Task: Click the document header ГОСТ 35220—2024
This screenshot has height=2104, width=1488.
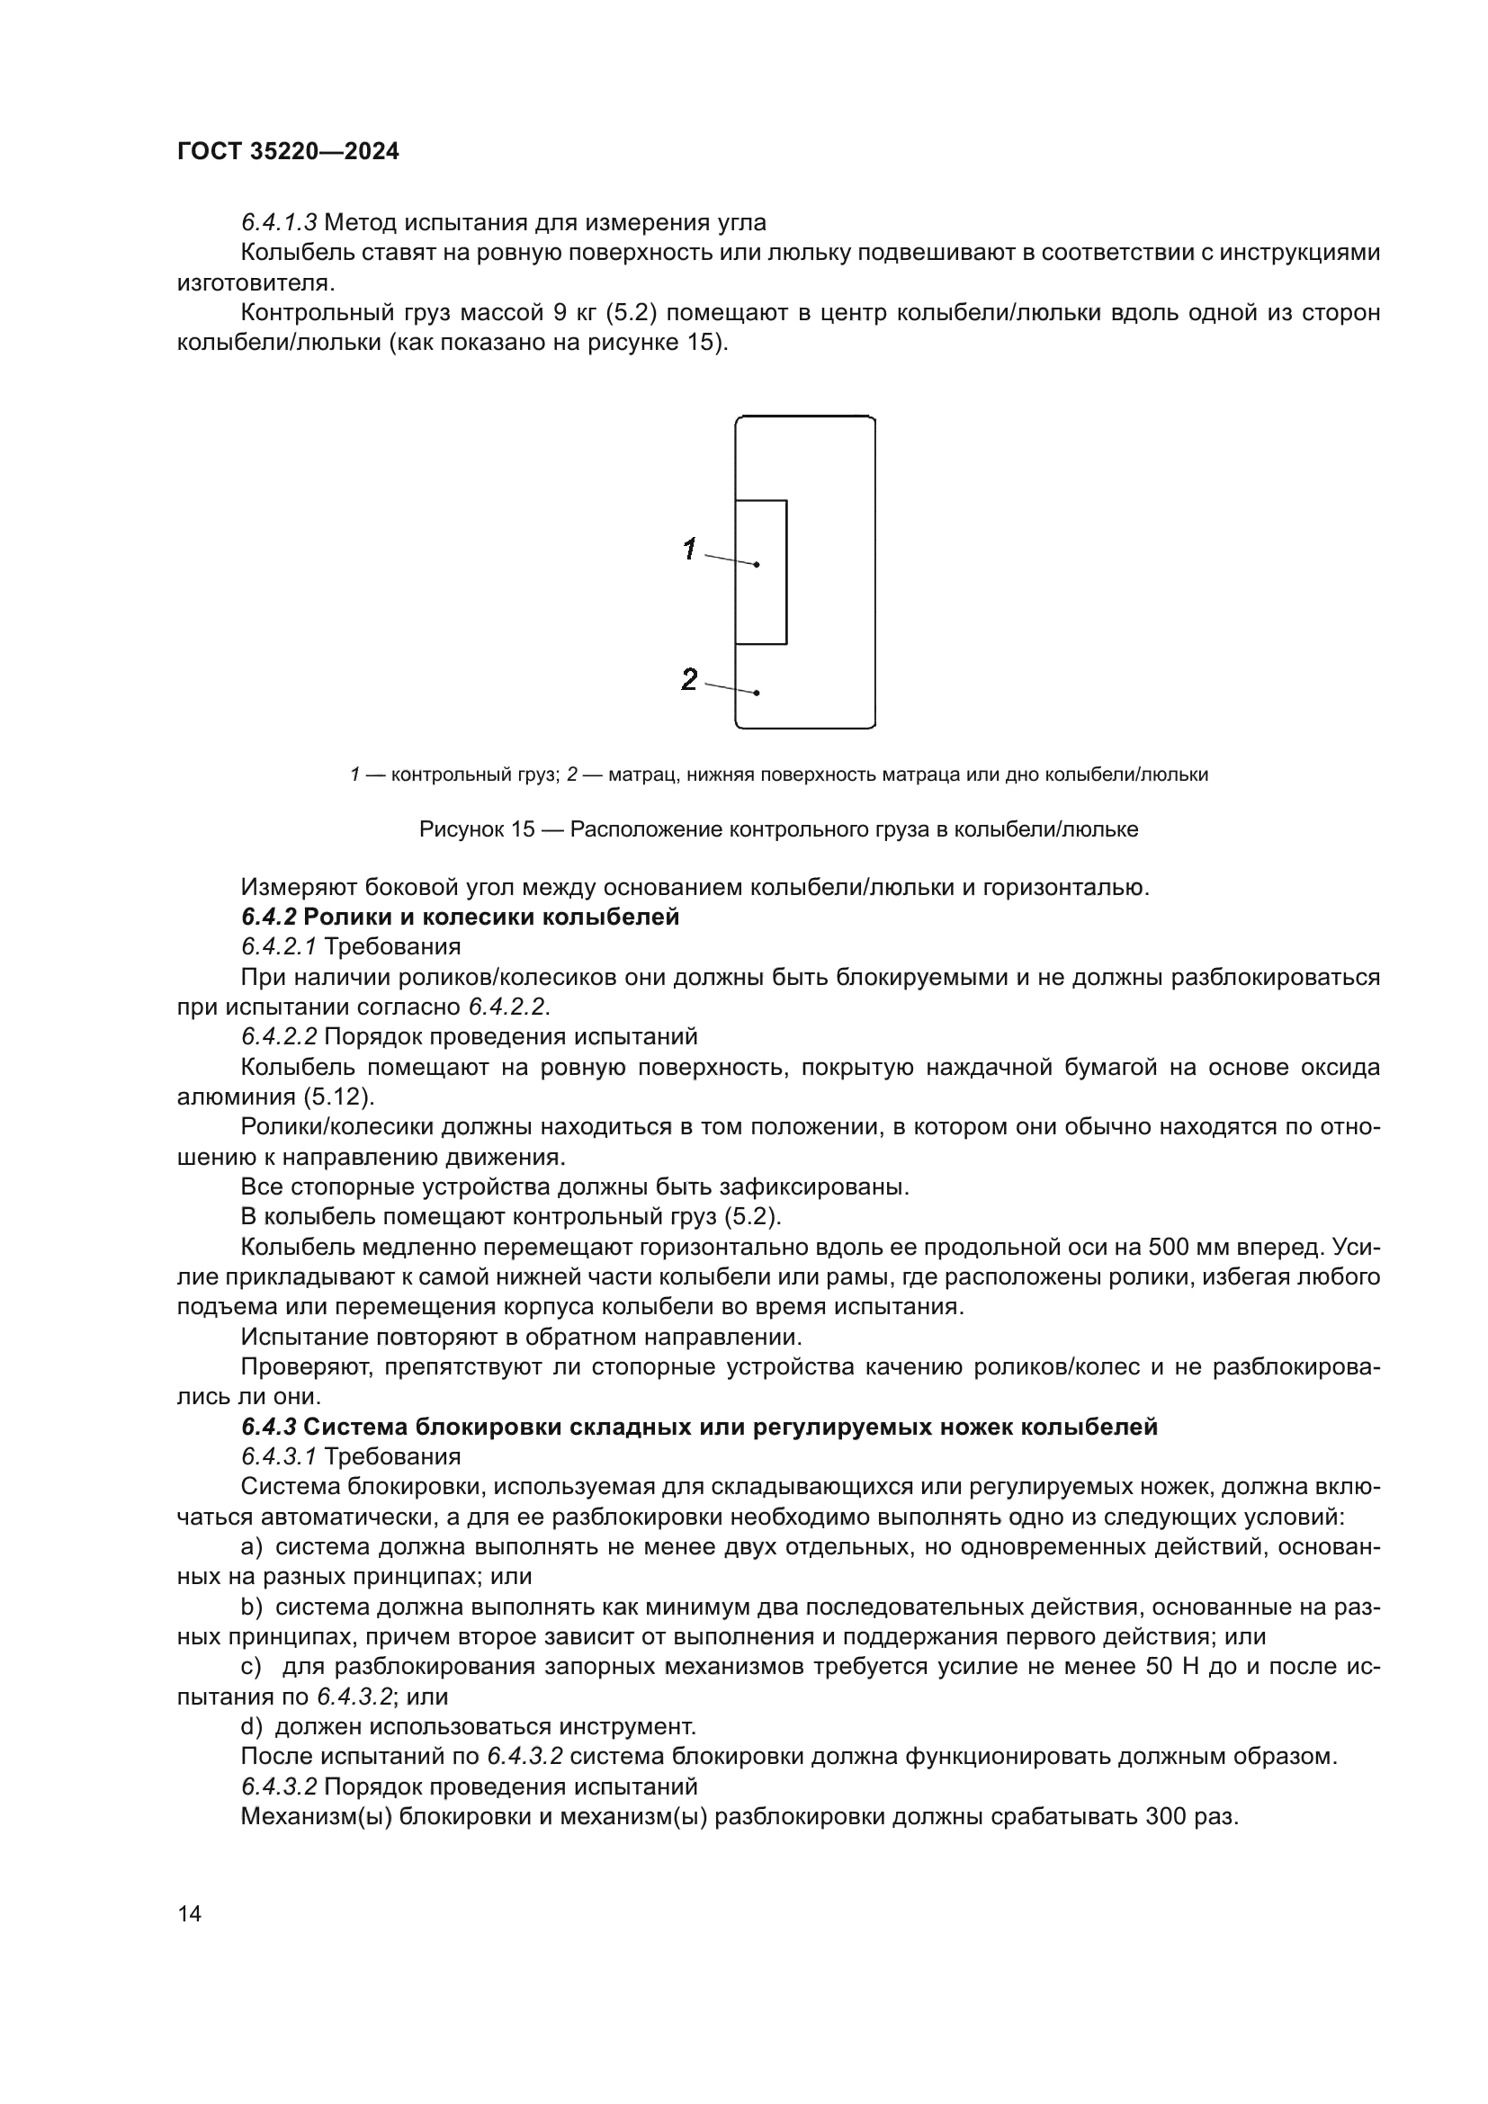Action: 288,152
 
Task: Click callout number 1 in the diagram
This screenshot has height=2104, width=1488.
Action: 690,550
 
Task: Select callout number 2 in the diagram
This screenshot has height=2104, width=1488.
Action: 690,679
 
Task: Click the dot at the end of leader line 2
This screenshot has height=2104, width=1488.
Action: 757,693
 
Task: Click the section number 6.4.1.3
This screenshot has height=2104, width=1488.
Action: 280,223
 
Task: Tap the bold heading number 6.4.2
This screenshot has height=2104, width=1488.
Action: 268,918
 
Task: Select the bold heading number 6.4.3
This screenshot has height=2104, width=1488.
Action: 268,1427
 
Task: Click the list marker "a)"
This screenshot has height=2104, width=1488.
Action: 252,1547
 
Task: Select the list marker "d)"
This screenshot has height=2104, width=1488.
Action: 252,1726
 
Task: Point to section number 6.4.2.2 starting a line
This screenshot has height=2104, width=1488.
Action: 280,1037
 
